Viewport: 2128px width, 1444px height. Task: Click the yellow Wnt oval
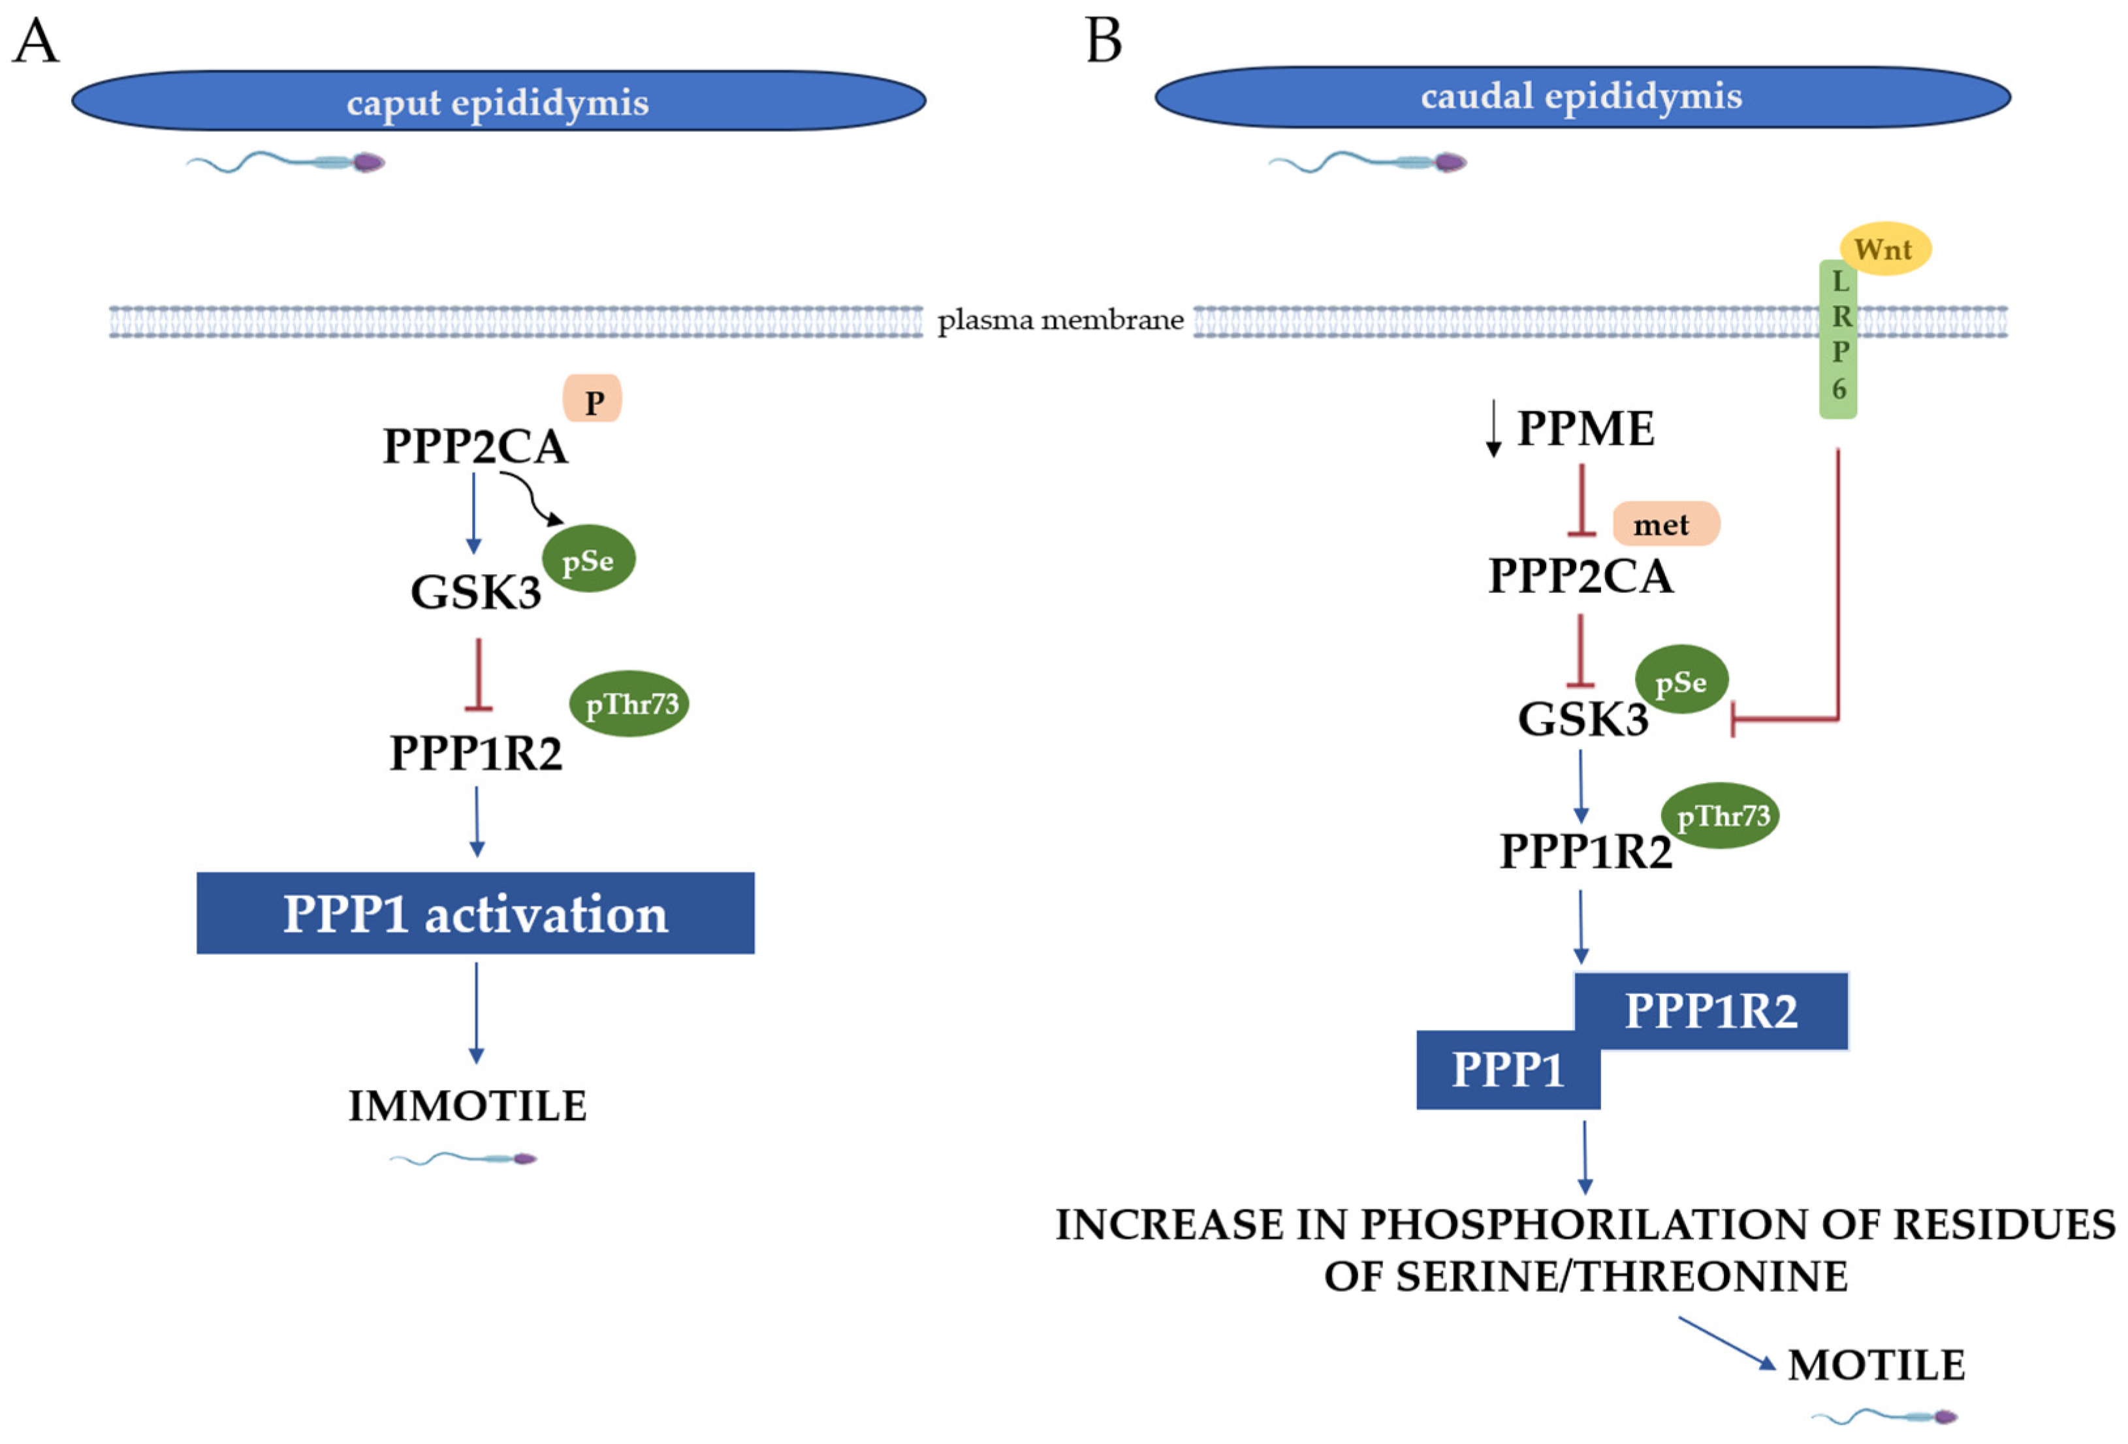[x=1884, y=249]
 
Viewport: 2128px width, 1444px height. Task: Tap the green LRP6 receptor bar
[x=1837, y=339]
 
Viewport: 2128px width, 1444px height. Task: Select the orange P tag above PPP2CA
[x=592, y=399]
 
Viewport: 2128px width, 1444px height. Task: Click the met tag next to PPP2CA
[x=1664, y=524]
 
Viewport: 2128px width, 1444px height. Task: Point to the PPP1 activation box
[x=475, y=913]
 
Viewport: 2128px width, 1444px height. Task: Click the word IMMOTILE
[x=467, y=1106]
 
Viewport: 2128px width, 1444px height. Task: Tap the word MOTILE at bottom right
[x=1875, y=1365]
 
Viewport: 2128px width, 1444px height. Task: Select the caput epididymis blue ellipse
[x=498, y=101]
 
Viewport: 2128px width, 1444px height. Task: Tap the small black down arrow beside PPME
[x=1493, y=428]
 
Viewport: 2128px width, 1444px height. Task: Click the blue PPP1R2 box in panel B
[x=1711, y=1011]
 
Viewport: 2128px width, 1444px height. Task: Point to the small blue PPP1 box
[x=1507, y=1070]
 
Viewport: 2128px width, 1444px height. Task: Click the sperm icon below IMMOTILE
[x=465, y=1159]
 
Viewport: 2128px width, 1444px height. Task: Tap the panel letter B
[x=1104, y=41]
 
